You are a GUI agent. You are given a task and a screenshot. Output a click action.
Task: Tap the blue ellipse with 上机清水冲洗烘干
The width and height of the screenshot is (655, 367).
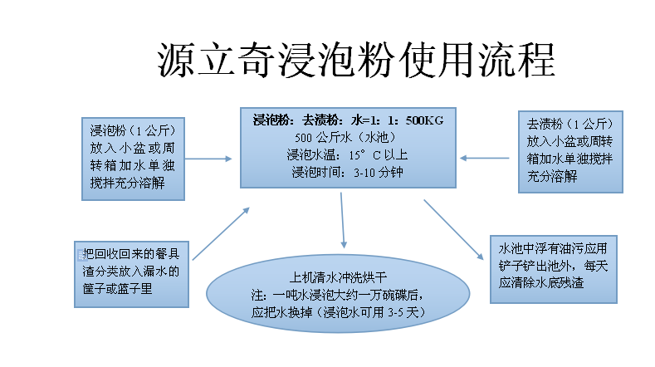coord(340,296)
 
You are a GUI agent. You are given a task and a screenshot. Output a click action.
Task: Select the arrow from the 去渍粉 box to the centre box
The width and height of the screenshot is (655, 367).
coord(485,157)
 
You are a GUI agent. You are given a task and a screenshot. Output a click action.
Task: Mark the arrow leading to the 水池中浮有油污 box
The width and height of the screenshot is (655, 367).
coord(452,229)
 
